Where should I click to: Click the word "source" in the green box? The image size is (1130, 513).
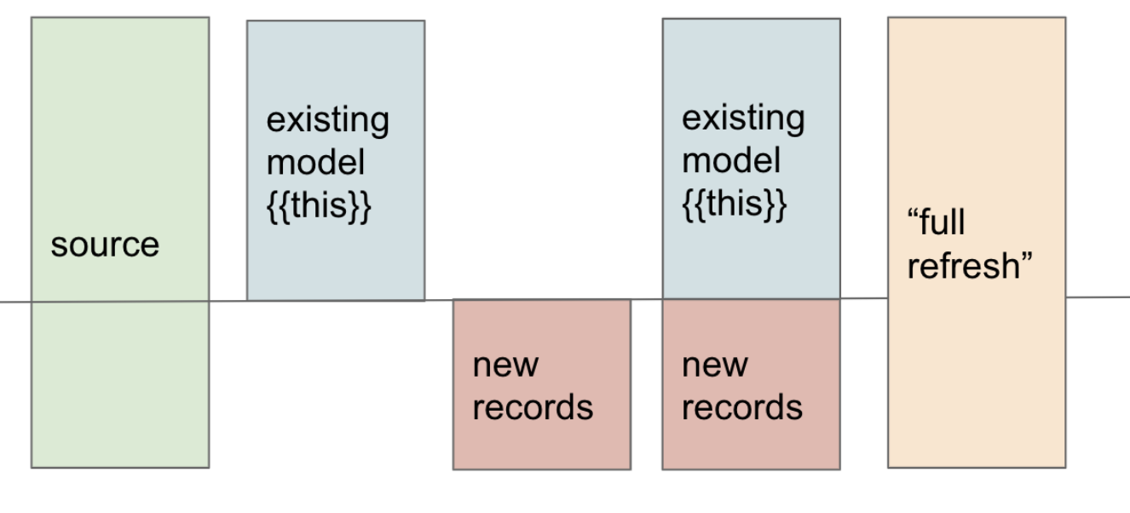pyautogui.click(x=105, y=245)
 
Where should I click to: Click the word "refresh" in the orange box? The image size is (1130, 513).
pyautogui.click(x=969, y=266)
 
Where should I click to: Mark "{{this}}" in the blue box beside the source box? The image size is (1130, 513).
pyautogui.click(x=319, y=205)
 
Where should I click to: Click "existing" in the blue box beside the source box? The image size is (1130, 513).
pyautogui.click(x=328, y=121)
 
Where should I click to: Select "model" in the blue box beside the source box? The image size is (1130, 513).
pyautogui.click(x=315, y=163)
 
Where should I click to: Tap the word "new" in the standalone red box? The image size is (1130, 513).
pyautogui.click(x=505, y=365)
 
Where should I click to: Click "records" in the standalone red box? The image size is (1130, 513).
pyautogui.click(x=533, y=407)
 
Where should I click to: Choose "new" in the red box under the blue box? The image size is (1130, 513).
pyautogui.click(x=715, y=365)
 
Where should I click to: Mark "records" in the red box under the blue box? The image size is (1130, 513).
pyautogui.click(x=742, y=407)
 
